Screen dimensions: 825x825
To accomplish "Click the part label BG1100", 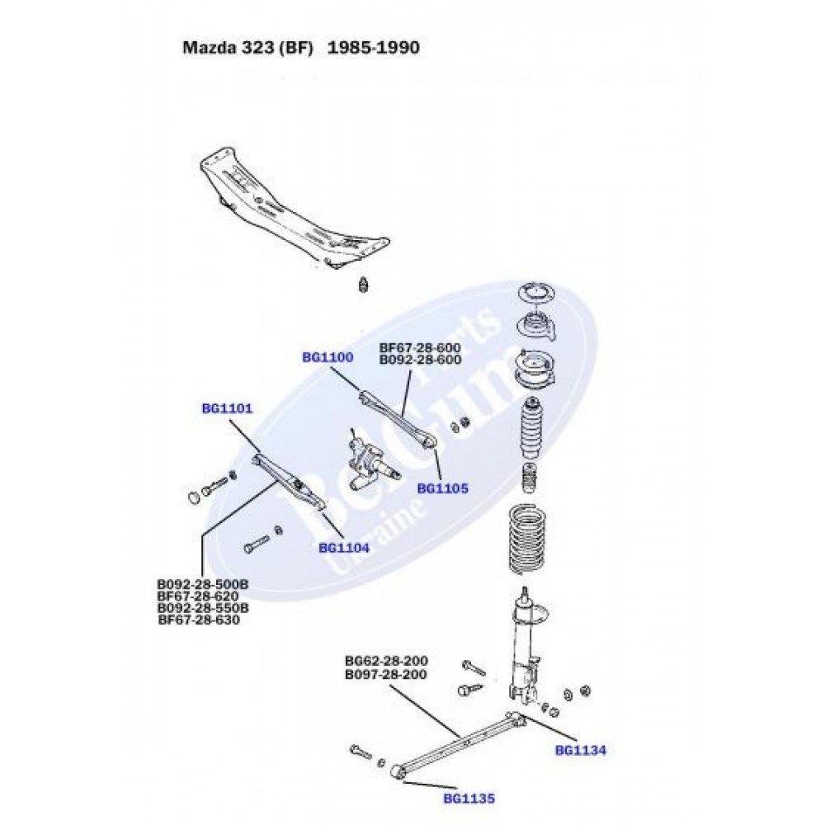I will pos(328,357).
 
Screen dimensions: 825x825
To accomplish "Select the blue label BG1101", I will pos(227,408).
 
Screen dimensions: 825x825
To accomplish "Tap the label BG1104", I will pos(343,547).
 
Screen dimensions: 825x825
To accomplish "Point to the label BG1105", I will pos(442,488).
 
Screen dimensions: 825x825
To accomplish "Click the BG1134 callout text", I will pos(581,750).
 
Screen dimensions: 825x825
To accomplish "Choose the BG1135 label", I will pos(469,799).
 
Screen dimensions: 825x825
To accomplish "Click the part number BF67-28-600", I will pos(420,347).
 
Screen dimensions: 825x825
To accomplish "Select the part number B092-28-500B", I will pos(203,584).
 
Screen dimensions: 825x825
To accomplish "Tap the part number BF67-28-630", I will pos(199,620).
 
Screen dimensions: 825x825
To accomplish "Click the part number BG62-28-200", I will pos(386,662).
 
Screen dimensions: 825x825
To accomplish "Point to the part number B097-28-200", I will pos(386,674).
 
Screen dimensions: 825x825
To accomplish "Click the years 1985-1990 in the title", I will pos(374,48).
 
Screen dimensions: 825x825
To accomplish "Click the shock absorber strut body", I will pos(525,652).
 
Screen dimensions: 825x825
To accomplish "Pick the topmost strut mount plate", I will pos(535,294).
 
